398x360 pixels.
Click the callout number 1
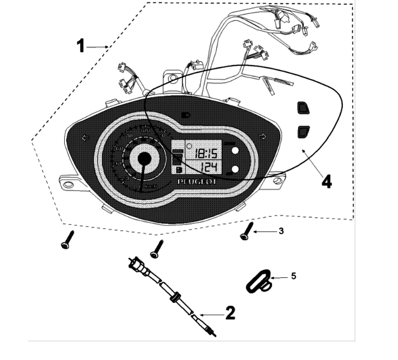[x=81, y=46]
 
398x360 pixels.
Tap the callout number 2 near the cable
[x=230, y=312]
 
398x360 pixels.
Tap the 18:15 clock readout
[x=205, y=154]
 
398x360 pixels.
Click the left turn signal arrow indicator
[x=85, y=138]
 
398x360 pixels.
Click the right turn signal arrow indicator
[x=262, y=137]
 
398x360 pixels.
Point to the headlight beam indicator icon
[x=186, y=114]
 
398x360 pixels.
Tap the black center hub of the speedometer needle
[x=144, y=158]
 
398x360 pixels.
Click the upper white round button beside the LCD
[x=235, y=152]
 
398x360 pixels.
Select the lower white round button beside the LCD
[x=235, y=169]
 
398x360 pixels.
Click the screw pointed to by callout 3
[x=246, y=233]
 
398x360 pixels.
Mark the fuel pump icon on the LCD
[x=177, y=169]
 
